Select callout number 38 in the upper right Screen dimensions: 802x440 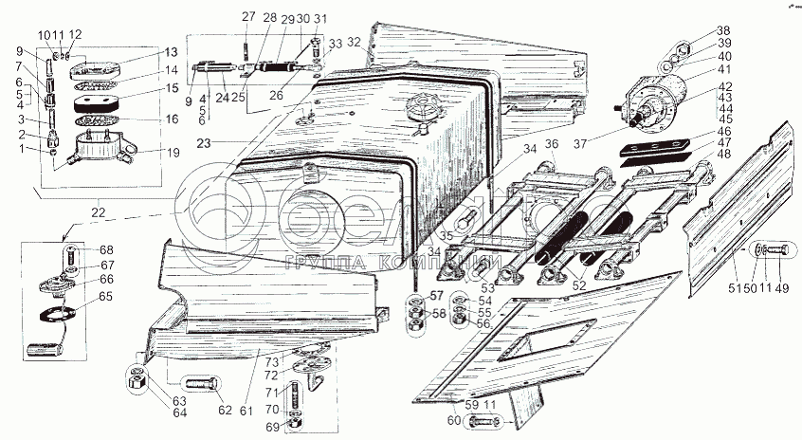pyautogui.click(x=723, y=30)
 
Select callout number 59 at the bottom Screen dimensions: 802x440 pyautogui.click(x=446, y=404)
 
